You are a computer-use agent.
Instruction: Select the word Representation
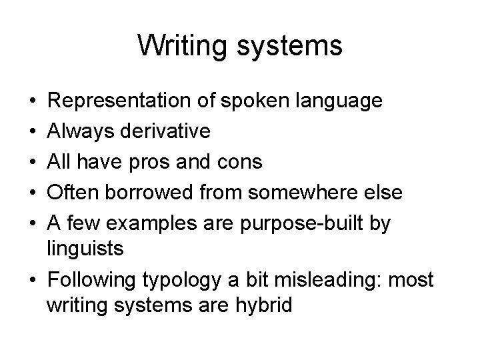point(122,101)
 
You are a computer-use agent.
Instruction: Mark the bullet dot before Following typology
point(33,279)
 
